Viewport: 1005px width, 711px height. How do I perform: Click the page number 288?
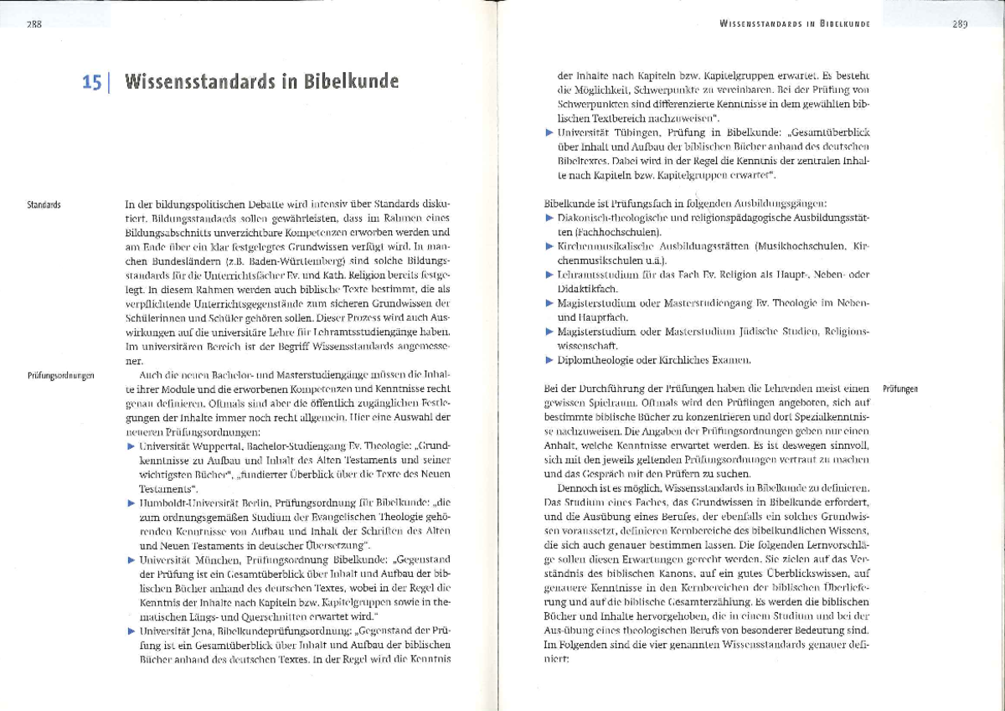tap(34, 24)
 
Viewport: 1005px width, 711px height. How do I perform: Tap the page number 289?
tap(959, 24)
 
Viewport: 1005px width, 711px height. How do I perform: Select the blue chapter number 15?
tap(93, 82)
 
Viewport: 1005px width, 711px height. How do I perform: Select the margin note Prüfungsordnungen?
tap(60, 376)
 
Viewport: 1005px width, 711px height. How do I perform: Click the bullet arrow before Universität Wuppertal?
tap(131, 447)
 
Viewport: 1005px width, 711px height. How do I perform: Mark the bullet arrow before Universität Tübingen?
tap(549, 133)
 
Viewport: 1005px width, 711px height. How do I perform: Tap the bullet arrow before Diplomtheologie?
tap(549, 360)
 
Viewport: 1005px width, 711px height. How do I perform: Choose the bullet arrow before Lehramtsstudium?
tap(549, 275)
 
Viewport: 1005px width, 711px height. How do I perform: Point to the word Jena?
tap(202, 630)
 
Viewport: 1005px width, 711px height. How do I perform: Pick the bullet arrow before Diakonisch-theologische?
tap(549, 218)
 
